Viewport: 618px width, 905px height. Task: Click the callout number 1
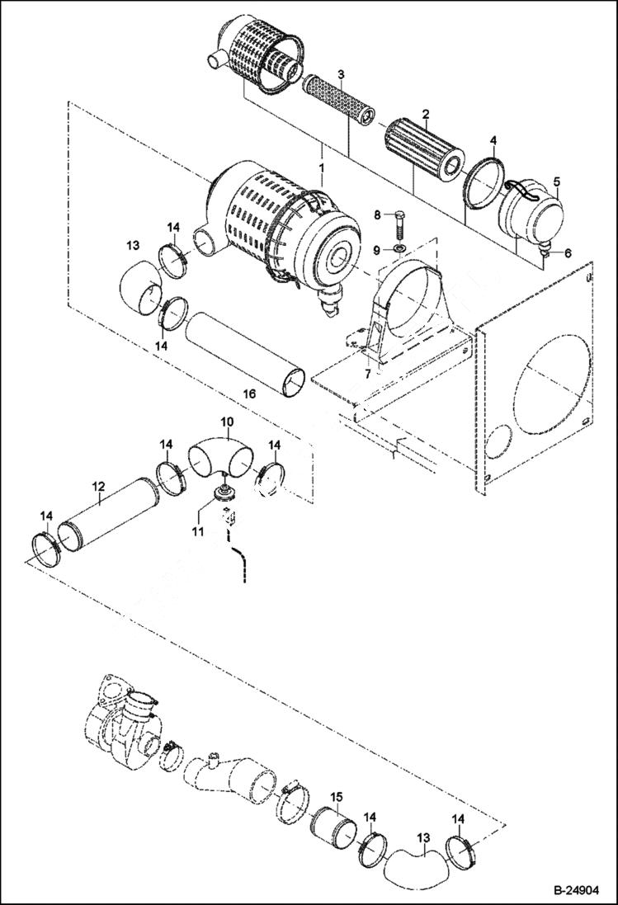(322, 167)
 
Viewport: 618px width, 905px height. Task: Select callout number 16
(250, 394)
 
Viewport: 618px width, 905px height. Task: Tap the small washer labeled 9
(399, 248)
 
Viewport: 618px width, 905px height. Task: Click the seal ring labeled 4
(485, 183)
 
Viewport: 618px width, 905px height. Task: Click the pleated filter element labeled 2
(425, 149)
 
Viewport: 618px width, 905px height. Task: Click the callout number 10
(227, 422)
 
